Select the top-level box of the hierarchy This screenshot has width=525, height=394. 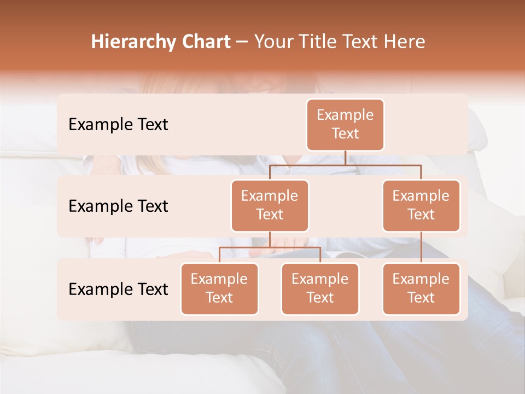coord(345,124)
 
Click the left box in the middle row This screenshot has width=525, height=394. coord(270,205)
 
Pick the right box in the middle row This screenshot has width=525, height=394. coord(421,205)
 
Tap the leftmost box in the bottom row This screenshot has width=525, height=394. coord(219,288)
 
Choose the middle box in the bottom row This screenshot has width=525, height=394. coord(320,288)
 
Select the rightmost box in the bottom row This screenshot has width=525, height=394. coord(421,288)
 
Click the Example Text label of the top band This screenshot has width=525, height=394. coord(118,124)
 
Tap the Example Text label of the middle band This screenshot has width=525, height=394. coord(118,206)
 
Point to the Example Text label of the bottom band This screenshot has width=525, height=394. coord(118,289)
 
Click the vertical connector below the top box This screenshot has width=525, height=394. coord(345,158)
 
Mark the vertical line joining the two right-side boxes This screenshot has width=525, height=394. coord(421,247)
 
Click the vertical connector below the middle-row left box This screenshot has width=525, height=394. coord(270,240)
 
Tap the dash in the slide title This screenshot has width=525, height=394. coord(242,43)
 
